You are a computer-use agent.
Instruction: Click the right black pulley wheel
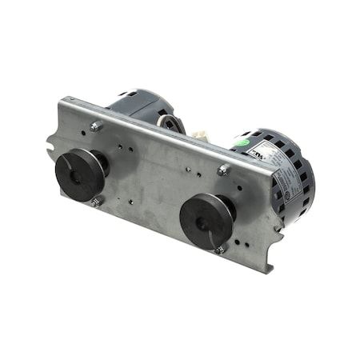[x=205, y=222]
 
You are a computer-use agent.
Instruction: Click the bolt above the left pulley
[x=96, y=126]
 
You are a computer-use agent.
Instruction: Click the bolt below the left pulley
[x=95, y=203]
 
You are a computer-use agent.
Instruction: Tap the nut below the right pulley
[x=219, y=250]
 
